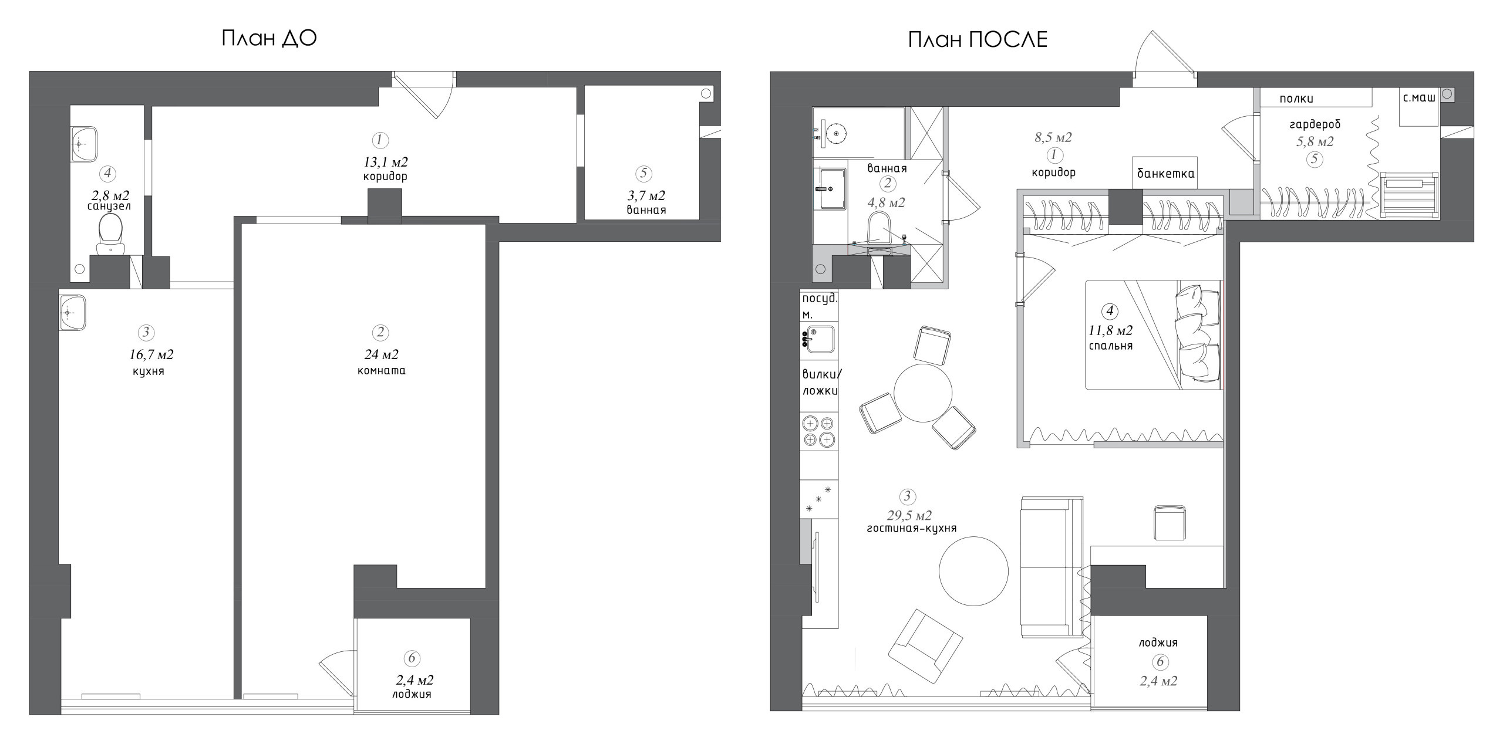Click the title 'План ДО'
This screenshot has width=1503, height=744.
point(269,38)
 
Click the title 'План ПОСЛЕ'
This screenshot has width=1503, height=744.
point(978,39)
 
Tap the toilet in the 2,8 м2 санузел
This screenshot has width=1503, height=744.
point(110,234)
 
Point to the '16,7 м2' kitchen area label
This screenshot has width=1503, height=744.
point(151,354)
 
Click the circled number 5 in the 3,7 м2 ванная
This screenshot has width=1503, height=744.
point(644,173)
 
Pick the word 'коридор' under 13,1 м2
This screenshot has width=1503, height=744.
point(386,176)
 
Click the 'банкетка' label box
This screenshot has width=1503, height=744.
point(1165,173)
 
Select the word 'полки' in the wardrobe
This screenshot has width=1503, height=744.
point(1296,99)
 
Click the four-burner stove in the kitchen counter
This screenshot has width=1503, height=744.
point(818,431)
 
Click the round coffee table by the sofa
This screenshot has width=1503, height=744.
point(973,570)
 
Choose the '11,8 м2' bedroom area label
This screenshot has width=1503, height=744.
point(1110,330)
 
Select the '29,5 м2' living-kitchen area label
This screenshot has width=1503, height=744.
point(909,516)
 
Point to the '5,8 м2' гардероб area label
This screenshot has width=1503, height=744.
point(1314,141)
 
